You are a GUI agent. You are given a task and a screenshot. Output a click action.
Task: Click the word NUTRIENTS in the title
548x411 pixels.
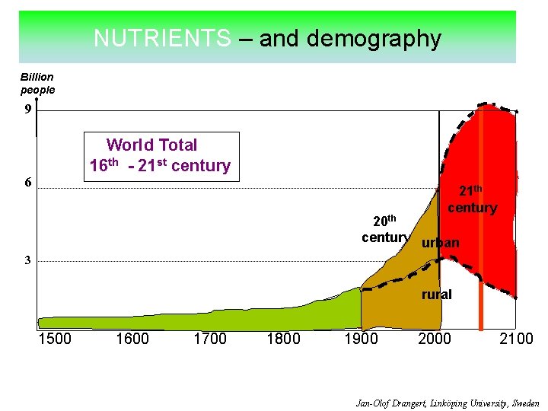(162, 39)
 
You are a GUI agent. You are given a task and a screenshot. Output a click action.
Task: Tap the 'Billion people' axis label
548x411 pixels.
(37, 83)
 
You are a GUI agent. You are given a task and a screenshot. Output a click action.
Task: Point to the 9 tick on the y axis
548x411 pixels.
(27, 110)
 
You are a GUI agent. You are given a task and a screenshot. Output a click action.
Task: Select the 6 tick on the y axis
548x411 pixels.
(27, 183)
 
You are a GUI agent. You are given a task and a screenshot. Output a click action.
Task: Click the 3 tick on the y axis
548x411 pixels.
(27, 260)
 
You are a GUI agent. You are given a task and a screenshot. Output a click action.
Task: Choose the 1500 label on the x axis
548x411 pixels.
(55, 339)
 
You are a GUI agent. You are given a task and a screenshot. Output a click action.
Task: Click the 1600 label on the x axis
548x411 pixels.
(132, 339)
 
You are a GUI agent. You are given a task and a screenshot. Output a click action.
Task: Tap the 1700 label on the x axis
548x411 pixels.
(209, 339)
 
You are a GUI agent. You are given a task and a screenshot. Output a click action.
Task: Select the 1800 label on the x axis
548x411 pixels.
(283, 339)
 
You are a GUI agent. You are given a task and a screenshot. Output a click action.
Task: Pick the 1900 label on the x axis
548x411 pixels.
(361, 339)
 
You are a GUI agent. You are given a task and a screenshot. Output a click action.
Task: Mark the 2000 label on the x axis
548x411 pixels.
(435, 339)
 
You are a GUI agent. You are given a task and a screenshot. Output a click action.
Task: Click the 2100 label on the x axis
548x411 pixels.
(516, 339)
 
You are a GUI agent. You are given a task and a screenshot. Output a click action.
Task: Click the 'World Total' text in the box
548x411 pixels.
(151, 145)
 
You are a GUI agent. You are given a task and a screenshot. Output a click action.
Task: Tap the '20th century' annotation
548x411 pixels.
(385, 229)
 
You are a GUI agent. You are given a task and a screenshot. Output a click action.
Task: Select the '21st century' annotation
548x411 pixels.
(472, 200)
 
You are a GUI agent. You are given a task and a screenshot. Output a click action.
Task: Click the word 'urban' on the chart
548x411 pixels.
(440, 243)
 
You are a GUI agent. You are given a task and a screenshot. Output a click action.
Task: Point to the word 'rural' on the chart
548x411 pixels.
(436, 295)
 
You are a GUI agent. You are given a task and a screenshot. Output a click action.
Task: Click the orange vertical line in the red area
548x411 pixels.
(480, 304)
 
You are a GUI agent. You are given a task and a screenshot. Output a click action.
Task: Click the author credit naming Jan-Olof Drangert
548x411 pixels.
(448, 403)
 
